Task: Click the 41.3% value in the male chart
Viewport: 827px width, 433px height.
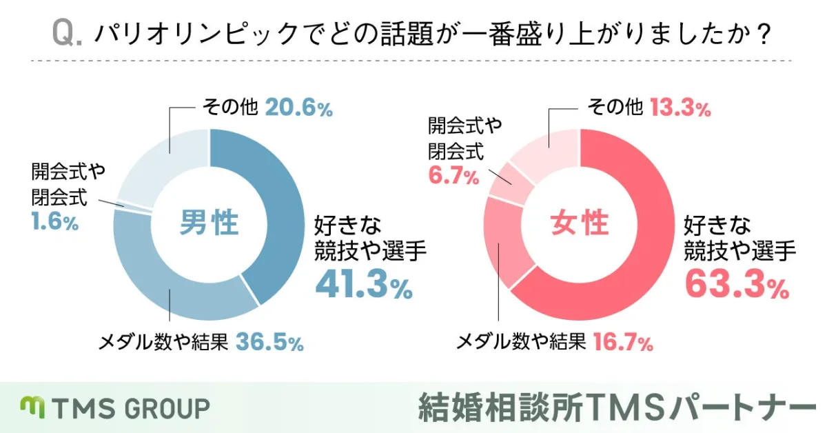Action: coord(363,283)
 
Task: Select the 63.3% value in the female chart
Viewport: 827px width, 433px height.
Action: coord(735,283)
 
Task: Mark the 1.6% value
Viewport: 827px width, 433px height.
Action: coord(54,223)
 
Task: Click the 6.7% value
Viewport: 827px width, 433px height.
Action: coord(453,177)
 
